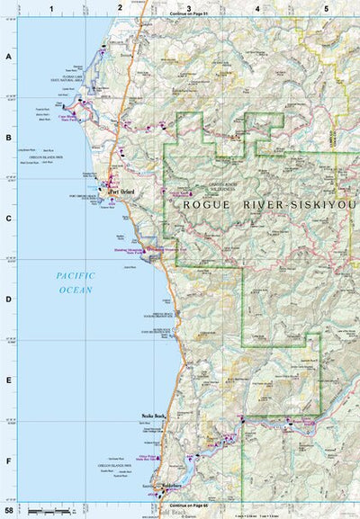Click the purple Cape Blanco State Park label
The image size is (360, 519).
(73, 118)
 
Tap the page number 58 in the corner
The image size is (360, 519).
(8, 511)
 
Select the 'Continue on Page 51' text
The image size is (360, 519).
(188, 15)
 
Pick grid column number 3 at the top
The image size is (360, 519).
(188, 7)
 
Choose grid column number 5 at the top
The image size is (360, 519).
(325, 7)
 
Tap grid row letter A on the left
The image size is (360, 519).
(8, 56)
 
